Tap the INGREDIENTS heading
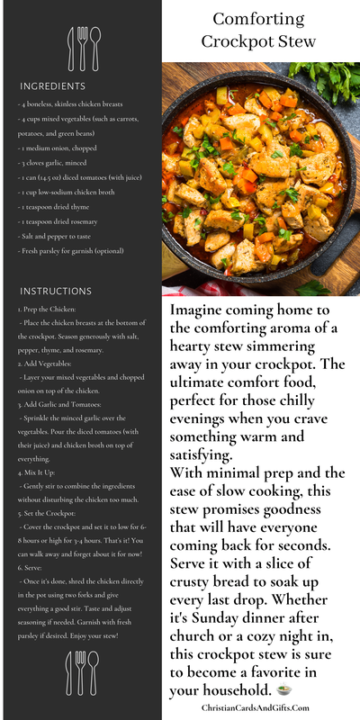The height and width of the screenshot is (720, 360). [53, 86]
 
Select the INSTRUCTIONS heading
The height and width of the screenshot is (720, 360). [56, 292]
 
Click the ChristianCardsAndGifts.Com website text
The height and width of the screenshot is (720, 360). [261, 708]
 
